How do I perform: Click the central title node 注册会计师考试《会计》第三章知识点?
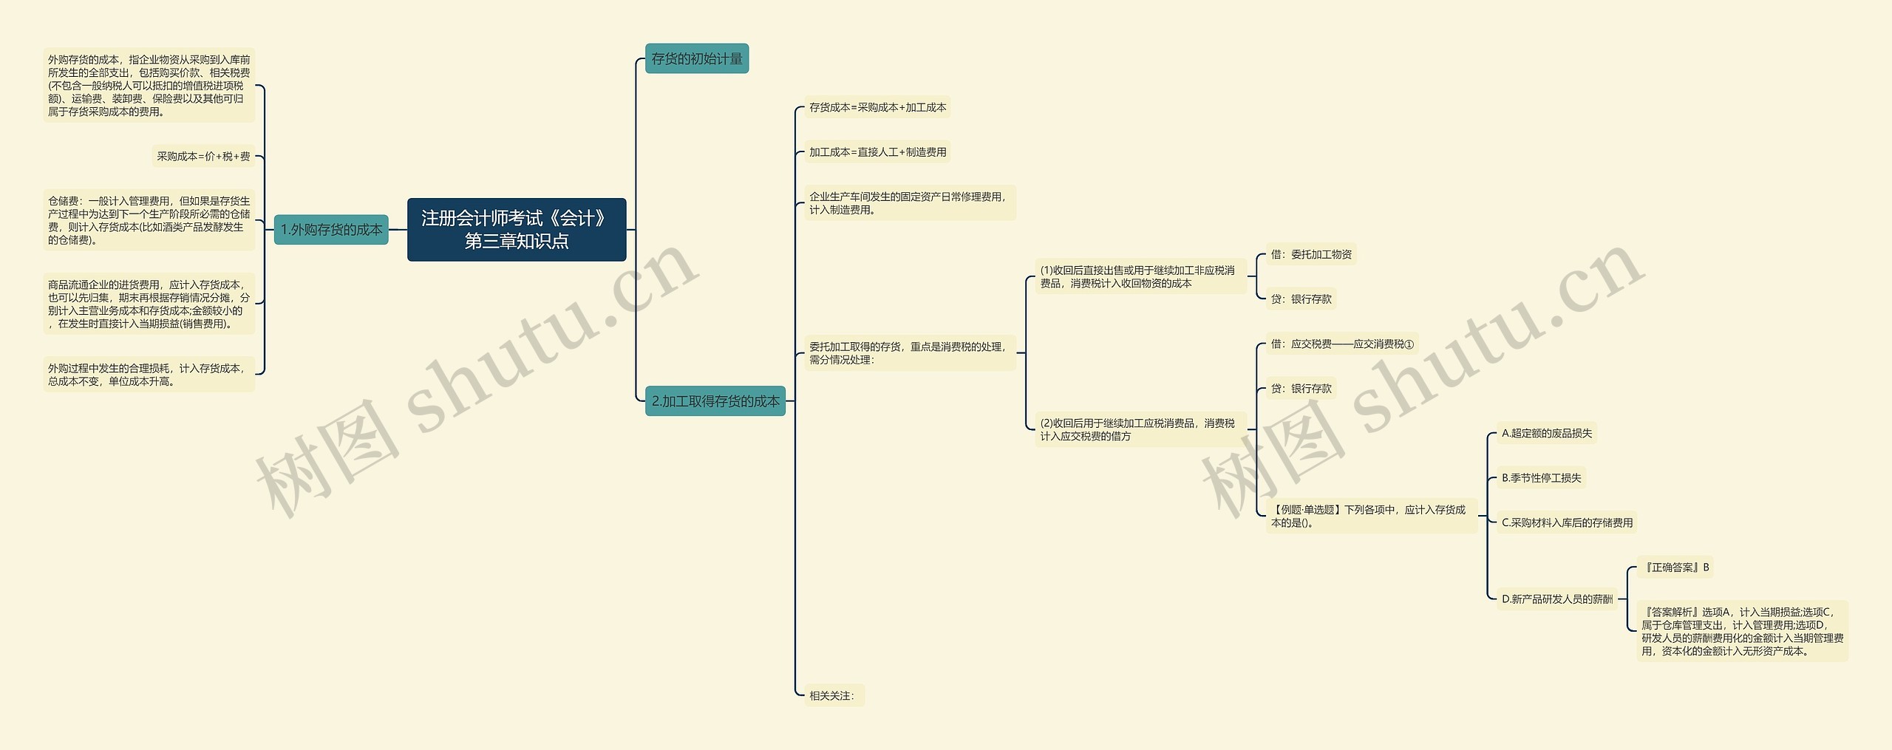click(x=516, y=229)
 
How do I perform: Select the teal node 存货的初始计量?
click(x=696, y=58)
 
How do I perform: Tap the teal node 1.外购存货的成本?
click(x=331, y=230)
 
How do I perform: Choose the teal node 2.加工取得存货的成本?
click(x=715, y=401)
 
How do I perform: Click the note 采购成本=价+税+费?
click(x=203, y=157)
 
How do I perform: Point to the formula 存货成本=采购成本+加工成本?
click(x=877, y=108)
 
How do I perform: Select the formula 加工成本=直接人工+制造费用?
click(x=877, y=152)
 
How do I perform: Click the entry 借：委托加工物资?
click(x=1310, y=255)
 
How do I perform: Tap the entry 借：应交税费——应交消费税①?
click(x=1341, y=344)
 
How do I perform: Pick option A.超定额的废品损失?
click(x=1546, y=434)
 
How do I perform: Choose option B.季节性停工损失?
click(x=1541, y=478)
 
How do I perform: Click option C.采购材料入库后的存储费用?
click(x=1567, y=523)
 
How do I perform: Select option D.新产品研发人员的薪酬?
click(x=1556, y=599)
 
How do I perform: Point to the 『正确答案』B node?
click(x=1674, y=567)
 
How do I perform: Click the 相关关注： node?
click(x=832, y=696)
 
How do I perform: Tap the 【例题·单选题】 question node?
click(x=1371, y=516)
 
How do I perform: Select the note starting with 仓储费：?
click(x=149, y=220)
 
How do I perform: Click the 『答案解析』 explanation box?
click(x=1742, y=631)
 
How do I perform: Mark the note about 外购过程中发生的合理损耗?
click(x=149, y=375)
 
